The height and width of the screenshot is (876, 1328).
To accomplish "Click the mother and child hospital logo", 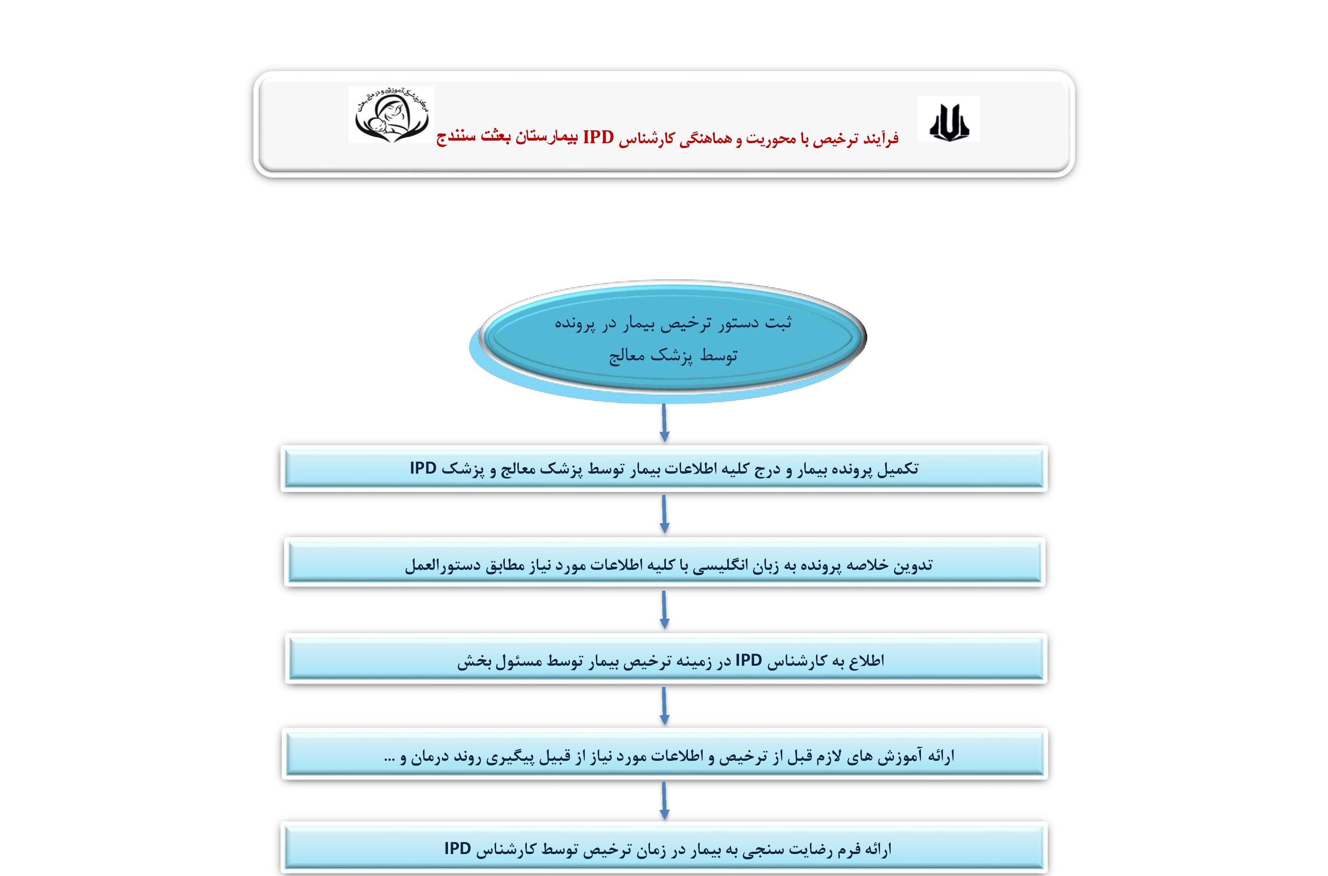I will (391, 114).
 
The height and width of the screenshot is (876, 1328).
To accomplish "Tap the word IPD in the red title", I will (598, 137).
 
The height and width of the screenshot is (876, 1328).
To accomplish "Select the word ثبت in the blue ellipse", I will (778, 323).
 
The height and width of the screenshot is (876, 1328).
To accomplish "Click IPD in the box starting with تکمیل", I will (423, 468).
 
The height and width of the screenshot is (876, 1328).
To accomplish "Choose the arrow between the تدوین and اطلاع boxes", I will (664, 610).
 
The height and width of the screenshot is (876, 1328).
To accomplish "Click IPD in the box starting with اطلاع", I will (749, 660).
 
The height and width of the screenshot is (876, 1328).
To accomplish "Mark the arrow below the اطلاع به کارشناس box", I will (664, 706).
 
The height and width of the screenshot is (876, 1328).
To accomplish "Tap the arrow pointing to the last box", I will (664, 801).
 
